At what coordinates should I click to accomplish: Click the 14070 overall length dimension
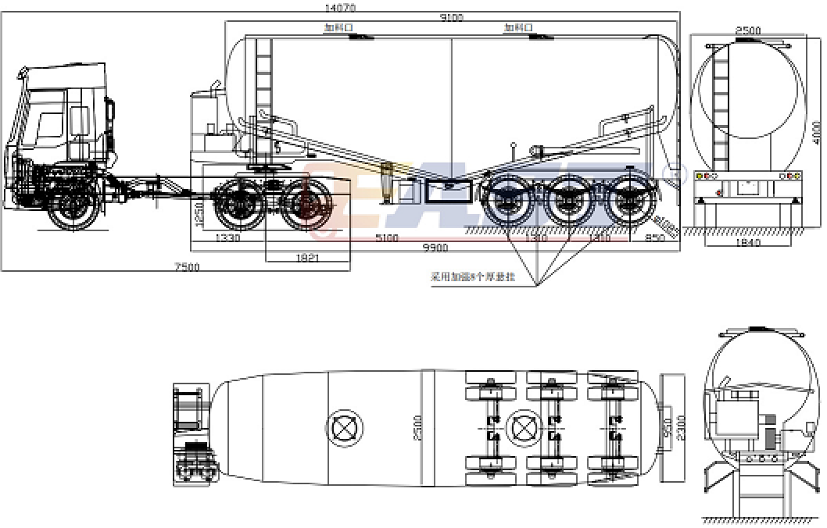coord(339,8)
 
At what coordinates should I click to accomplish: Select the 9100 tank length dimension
coord(452,18)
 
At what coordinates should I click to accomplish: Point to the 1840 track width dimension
coord(748,244)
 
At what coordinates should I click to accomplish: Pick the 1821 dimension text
coord(308,257)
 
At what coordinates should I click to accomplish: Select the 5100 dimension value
coord(386,238)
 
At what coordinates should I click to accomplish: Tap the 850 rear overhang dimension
coord(654,238)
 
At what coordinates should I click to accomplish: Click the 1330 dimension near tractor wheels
coord(227,237)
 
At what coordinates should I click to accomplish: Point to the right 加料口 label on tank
coord(517,28)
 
